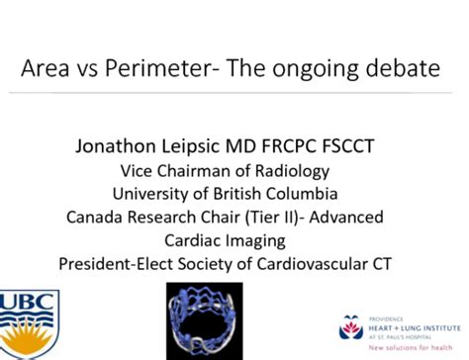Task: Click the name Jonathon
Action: point(117,146)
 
